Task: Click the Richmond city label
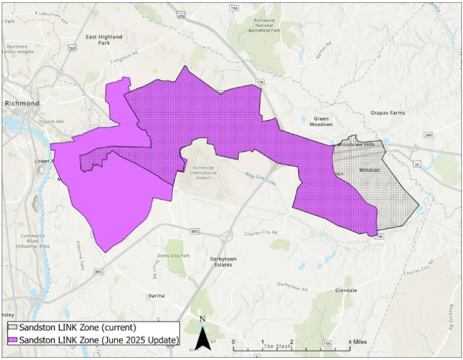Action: [22, 104]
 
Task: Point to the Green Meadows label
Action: [321, 121]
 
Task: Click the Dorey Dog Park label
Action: [173, 256]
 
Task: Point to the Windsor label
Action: [369, 170]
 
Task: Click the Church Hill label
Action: [50, 122]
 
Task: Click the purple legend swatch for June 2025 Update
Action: [12, 340]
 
